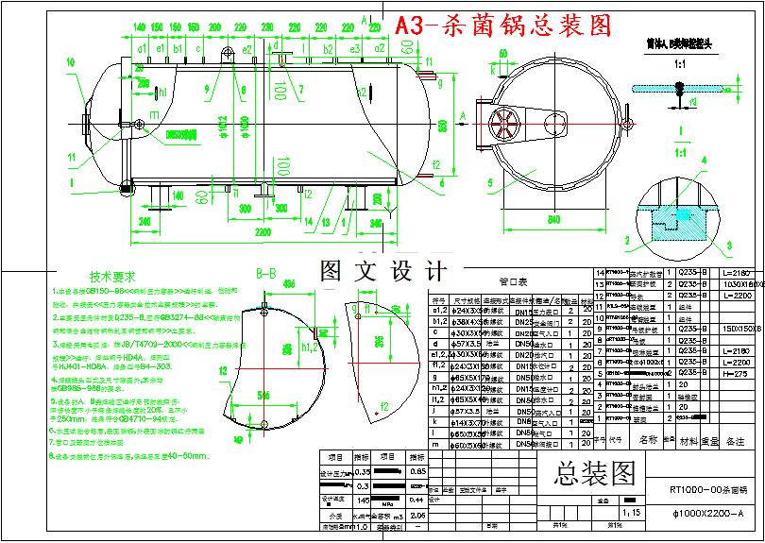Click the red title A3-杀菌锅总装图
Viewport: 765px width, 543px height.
tap(503, 25)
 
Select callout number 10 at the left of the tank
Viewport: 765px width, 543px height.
tap(71, 63)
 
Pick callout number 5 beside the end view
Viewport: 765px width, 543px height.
tap(491, 183)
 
